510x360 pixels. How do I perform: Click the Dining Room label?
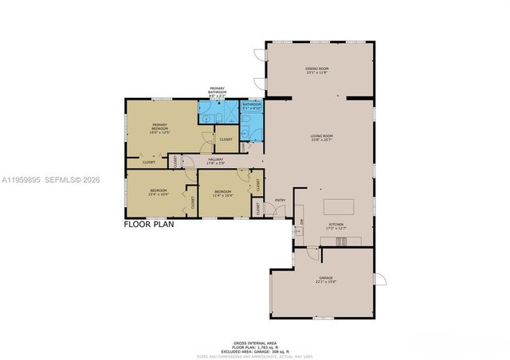(316, 71)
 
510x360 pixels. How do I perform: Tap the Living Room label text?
(321, 137)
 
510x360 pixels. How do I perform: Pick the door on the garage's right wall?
(380, 280)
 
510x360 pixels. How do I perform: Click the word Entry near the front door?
(280, 200)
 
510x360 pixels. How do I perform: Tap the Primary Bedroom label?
(160, 129)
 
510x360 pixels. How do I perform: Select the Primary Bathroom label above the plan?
(218, 91)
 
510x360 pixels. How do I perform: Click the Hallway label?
(216, 161)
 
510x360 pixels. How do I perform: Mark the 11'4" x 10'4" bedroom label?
(222, 193)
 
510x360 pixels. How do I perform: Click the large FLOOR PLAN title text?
(149, 225)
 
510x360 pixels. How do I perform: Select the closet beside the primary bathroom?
(226, 139)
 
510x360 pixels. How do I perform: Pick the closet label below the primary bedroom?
(149, 162)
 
